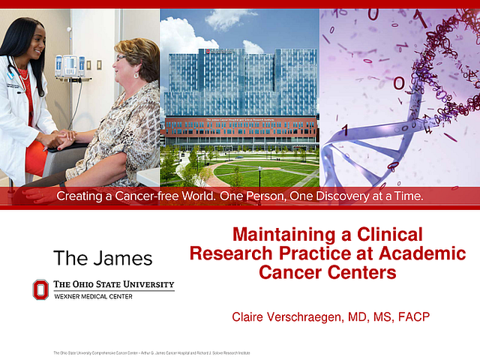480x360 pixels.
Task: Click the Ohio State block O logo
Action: point(40,289)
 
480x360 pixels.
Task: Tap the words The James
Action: point(103,259)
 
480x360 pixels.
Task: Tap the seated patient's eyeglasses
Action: point(123,58)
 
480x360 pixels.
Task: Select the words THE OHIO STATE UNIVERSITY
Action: point(113,284)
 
